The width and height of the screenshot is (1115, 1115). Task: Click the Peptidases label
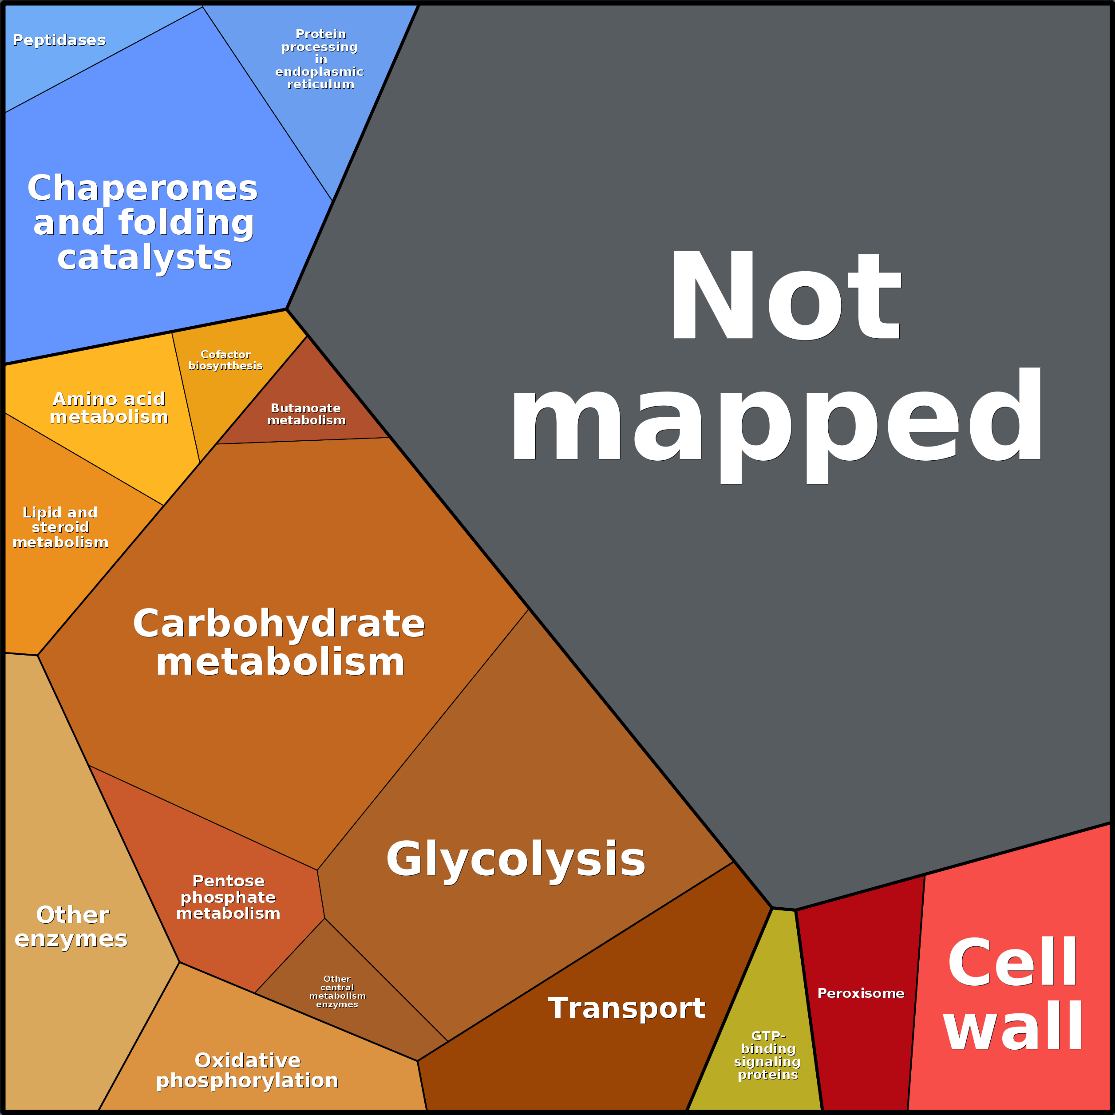[59, 40]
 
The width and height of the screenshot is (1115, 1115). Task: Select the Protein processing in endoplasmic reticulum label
[320, 59]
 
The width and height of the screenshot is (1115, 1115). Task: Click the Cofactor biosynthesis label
[225, 360]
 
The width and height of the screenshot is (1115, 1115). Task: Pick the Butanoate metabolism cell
[306, 414]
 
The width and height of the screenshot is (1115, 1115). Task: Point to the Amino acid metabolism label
[109, 407]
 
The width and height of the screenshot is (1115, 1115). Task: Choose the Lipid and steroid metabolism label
[60, 527]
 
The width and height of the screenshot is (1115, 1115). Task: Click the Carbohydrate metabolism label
[279, 642]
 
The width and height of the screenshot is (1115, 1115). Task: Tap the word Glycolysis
[515, 858]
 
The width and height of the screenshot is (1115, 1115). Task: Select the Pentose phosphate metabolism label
[228, 897]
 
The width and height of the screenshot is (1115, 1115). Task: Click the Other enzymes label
[71, 926]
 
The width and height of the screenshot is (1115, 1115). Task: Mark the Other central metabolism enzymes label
[337, 992]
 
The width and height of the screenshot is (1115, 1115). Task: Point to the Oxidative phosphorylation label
[248, 1070]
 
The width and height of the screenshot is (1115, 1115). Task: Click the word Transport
[626, 1008]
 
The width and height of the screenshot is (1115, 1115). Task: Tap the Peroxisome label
[861, 993]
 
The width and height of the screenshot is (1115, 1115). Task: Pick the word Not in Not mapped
[785, 296]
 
